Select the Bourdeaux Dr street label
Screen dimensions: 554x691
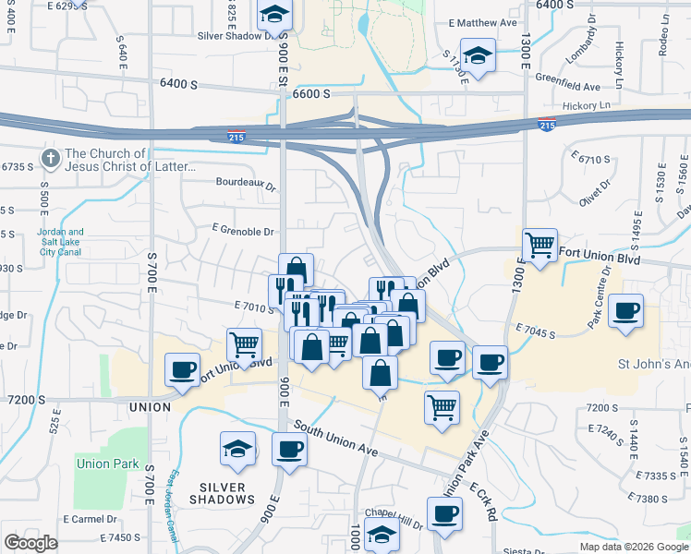click(246, 184)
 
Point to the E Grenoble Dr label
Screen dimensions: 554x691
click(243, 232)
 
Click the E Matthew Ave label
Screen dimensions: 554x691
click(482, 22)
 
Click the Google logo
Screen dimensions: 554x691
click(30, 543)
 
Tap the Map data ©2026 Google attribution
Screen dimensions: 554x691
click(634, 547)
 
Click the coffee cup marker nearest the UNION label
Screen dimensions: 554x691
click(181, 370)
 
